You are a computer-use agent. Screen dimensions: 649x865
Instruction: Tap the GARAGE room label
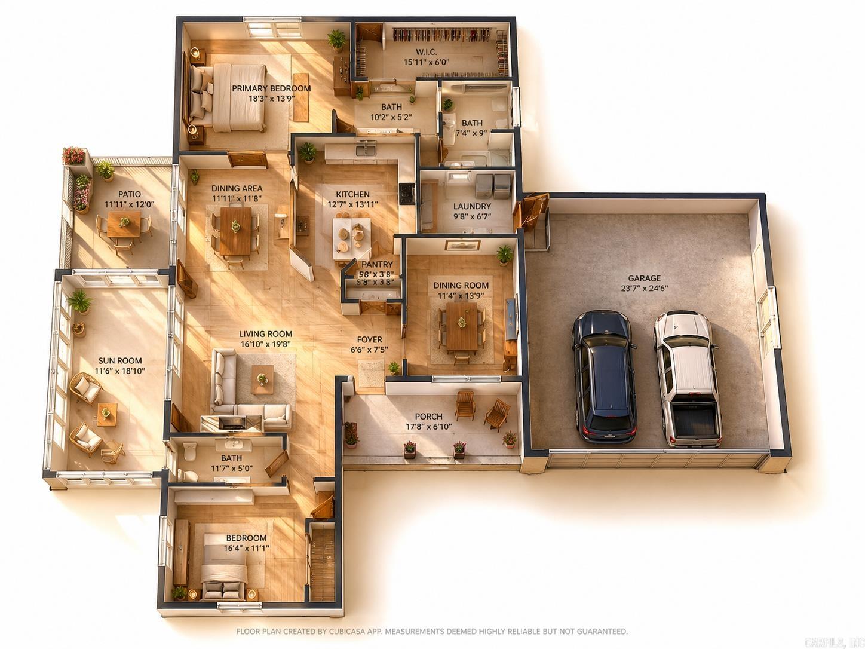tap(644, 278)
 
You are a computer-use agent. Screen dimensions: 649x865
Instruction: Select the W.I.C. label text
tap(427, 52)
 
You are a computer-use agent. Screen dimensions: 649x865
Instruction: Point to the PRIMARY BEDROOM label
tap(271, 88)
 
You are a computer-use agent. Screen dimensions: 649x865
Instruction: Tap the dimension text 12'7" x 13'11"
tap(352, 204)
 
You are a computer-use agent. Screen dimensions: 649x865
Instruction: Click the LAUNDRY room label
tap(472, 207)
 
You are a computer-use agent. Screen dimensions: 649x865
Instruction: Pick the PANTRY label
tap(377, 264)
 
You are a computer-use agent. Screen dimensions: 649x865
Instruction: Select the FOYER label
tap(369, 339)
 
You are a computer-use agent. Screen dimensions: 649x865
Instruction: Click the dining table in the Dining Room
tap(461, 326)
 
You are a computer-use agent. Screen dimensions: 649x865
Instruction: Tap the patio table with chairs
tap(124, 225)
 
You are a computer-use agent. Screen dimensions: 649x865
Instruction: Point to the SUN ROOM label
tap(120, 360)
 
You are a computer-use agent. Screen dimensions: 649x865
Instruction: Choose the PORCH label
tap(428, 417)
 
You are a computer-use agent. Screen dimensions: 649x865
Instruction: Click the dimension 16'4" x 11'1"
tap(246, 548)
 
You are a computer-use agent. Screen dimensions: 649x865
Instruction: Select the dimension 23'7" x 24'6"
tap(644, 288)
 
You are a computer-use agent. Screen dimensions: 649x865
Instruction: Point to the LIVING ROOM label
tap(265, 334)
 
